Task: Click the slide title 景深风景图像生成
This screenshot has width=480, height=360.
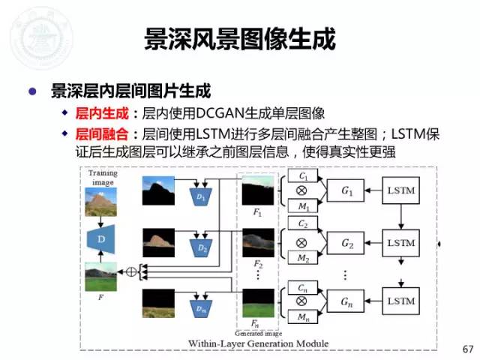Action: tap(239, 40)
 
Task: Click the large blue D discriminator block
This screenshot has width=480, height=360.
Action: tap(100, 238)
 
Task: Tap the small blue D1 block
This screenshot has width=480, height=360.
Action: tap(200, 196)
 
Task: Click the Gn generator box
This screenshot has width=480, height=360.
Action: tap(346, 304)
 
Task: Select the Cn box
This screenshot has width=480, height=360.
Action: tap(302, 288)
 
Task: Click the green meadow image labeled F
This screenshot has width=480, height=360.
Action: tap(100, 277)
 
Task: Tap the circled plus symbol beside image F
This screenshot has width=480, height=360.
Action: tap(132, 271)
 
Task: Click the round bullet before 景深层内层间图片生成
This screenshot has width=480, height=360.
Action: tap(32, 91)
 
